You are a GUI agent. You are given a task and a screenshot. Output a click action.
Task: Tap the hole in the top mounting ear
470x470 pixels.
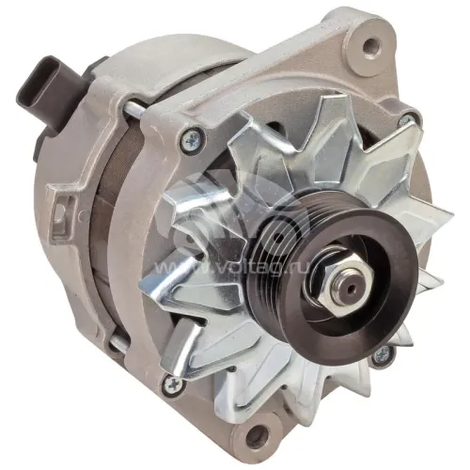[x=369, y=46]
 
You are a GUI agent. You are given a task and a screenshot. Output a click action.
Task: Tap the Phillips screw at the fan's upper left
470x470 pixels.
[x=191, y=137]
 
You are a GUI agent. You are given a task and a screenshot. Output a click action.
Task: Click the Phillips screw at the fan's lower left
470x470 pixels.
[x=172, y=384]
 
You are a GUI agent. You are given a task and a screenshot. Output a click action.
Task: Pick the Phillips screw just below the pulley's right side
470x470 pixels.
[x=382, y=356]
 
